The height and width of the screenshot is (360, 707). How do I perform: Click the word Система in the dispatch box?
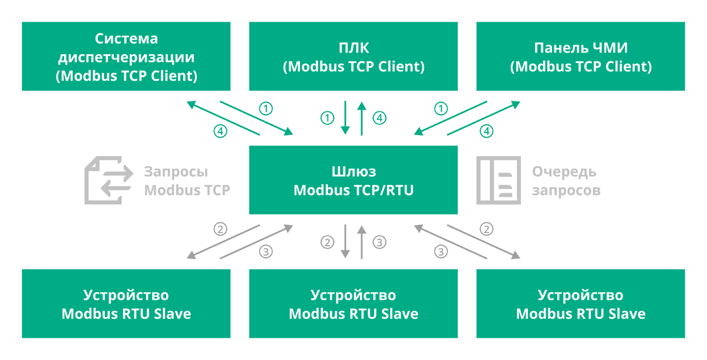pos(126,39)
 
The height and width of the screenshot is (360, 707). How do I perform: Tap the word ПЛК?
pos(353,48)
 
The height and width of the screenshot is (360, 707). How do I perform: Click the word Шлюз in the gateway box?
pos(353,171)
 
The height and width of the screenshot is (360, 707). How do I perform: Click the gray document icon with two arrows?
pos(109,180)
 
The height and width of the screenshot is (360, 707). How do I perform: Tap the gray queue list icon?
pos(498,180)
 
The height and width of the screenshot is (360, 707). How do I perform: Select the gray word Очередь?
pos(564,172)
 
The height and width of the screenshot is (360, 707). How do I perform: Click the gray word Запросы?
pos(176,172)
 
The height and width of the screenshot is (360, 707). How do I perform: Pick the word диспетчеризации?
pos(126,58)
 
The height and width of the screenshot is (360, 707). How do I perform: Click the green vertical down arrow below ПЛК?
pos(345,118)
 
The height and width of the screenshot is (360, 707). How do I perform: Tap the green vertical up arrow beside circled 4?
pos(362,118)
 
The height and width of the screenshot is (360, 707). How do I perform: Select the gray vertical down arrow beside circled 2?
pos(345,242)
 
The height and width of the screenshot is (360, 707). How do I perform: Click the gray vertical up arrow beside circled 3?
pos(362,242)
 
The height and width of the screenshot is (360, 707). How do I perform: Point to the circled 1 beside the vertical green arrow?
pos(328,118)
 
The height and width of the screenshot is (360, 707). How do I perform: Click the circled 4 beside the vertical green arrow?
pos(379,118)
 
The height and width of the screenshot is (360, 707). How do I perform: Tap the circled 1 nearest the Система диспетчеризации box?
pos(266,108)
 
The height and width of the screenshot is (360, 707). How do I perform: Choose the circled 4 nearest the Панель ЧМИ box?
pos(487,131)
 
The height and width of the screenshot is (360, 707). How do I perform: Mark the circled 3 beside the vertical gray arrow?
pos(379,242)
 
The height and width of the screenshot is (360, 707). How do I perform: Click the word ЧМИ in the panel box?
pos(610,48)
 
